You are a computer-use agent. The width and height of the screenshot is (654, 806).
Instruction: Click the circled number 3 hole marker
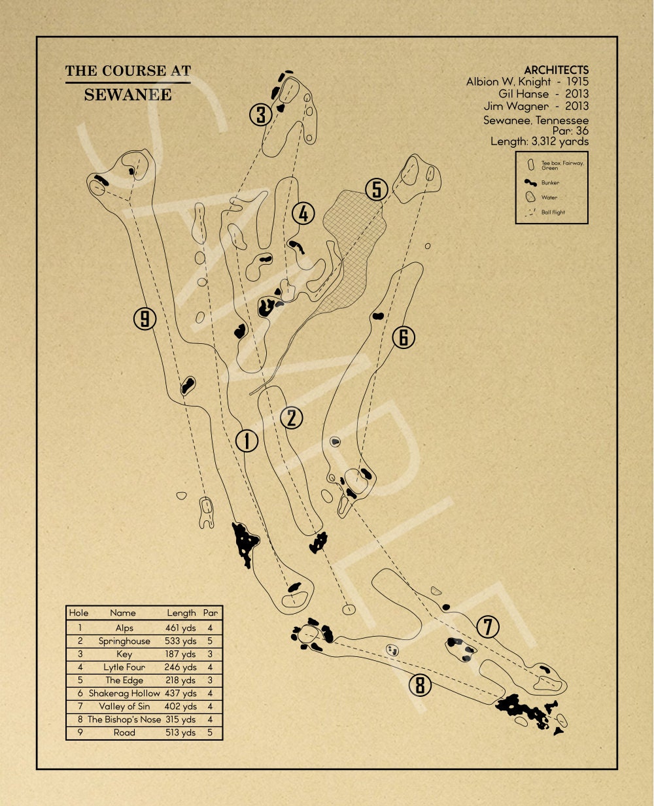pos(260,115)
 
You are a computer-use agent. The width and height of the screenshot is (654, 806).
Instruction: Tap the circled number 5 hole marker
pos(377,190)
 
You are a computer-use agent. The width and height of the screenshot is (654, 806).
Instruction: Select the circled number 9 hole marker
pos(145,319)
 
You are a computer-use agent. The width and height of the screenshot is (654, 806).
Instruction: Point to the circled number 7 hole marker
pos(487,627)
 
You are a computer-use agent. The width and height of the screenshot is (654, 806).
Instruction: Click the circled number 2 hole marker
pos(291,418)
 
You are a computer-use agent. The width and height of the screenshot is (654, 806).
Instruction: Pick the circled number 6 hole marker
pos(404,337)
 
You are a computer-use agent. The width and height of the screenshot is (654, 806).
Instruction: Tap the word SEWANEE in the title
pos(128,95)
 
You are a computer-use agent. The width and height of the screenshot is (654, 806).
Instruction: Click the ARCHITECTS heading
pos(556,70)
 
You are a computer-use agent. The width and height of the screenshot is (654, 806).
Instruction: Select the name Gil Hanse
pos(523,94)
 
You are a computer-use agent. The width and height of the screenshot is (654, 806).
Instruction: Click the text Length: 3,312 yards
pos(540,141)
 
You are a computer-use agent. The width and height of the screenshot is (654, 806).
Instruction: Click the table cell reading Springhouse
pos(124,641)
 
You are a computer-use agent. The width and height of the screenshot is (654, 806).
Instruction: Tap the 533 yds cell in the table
pos(181,641)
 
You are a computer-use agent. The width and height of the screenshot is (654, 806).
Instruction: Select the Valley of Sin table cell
pos(124,706)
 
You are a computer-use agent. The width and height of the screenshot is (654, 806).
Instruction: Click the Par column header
pos(210,613)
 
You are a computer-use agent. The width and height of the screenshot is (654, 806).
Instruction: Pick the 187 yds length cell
pos(181,654)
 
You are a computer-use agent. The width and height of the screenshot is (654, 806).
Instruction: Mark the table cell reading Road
pos(124,732)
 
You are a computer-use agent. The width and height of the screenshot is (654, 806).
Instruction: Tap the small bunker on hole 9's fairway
pos(188,385)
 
